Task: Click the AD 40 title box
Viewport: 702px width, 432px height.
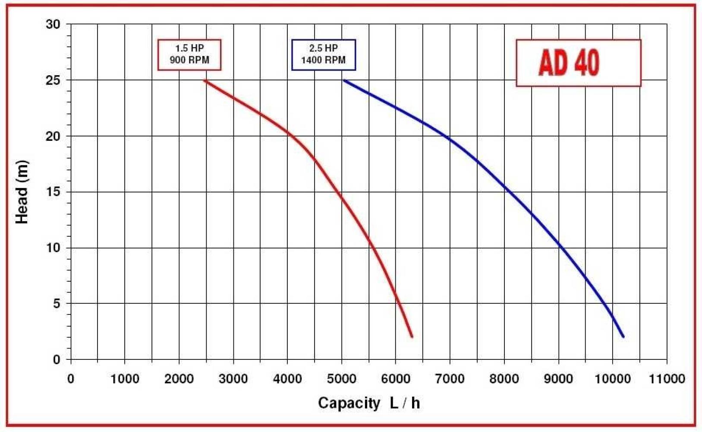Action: pyautogui.click(x=578, y=63)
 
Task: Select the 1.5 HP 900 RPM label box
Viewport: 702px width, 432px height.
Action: pyautogui.click(x=189, y=54)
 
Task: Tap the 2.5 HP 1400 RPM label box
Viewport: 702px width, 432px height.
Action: pyautogui.click(x=324, y=54)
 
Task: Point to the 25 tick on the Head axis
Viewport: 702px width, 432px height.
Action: pyautogui.click(x=54, y=80)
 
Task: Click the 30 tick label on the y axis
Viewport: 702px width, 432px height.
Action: pyautogui.click(x=54, y=25)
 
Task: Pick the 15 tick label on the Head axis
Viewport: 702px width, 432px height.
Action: pyautogui.click(x=54, y=192)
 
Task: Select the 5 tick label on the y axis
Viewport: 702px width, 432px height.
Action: pyautogui.click(x=57, y=304)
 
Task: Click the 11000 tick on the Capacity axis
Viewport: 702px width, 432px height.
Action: pyautogui.click(x=667, y=379)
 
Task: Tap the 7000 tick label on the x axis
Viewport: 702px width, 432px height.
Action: pyautogui.click(x=450, y=379)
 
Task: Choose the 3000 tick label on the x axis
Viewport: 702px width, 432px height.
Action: pyautogui.click(x=233, y=379)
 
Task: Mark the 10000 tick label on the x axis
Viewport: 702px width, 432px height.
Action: pyautogui.click(x=613, y=379)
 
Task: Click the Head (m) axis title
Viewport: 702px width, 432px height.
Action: pyautogui.click(x=22, y=192)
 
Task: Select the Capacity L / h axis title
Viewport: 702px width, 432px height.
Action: pyautogui.click(x=369, y=403)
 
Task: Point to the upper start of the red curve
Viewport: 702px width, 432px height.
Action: pyautogui.click(x=205, y=80)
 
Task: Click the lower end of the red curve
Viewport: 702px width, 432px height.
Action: pyautogui.click(x=412, y=337)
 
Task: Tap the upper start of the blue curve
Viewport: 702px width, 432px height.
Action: pyautogui.click(x=344, y=80)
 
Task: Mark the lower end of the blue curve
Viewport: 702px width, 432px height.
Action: pyautogui.click(x=623, y=337)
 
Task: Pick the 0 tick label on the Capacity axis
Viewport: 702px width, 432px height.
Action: pyautogui.click(x=71, y=379)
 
